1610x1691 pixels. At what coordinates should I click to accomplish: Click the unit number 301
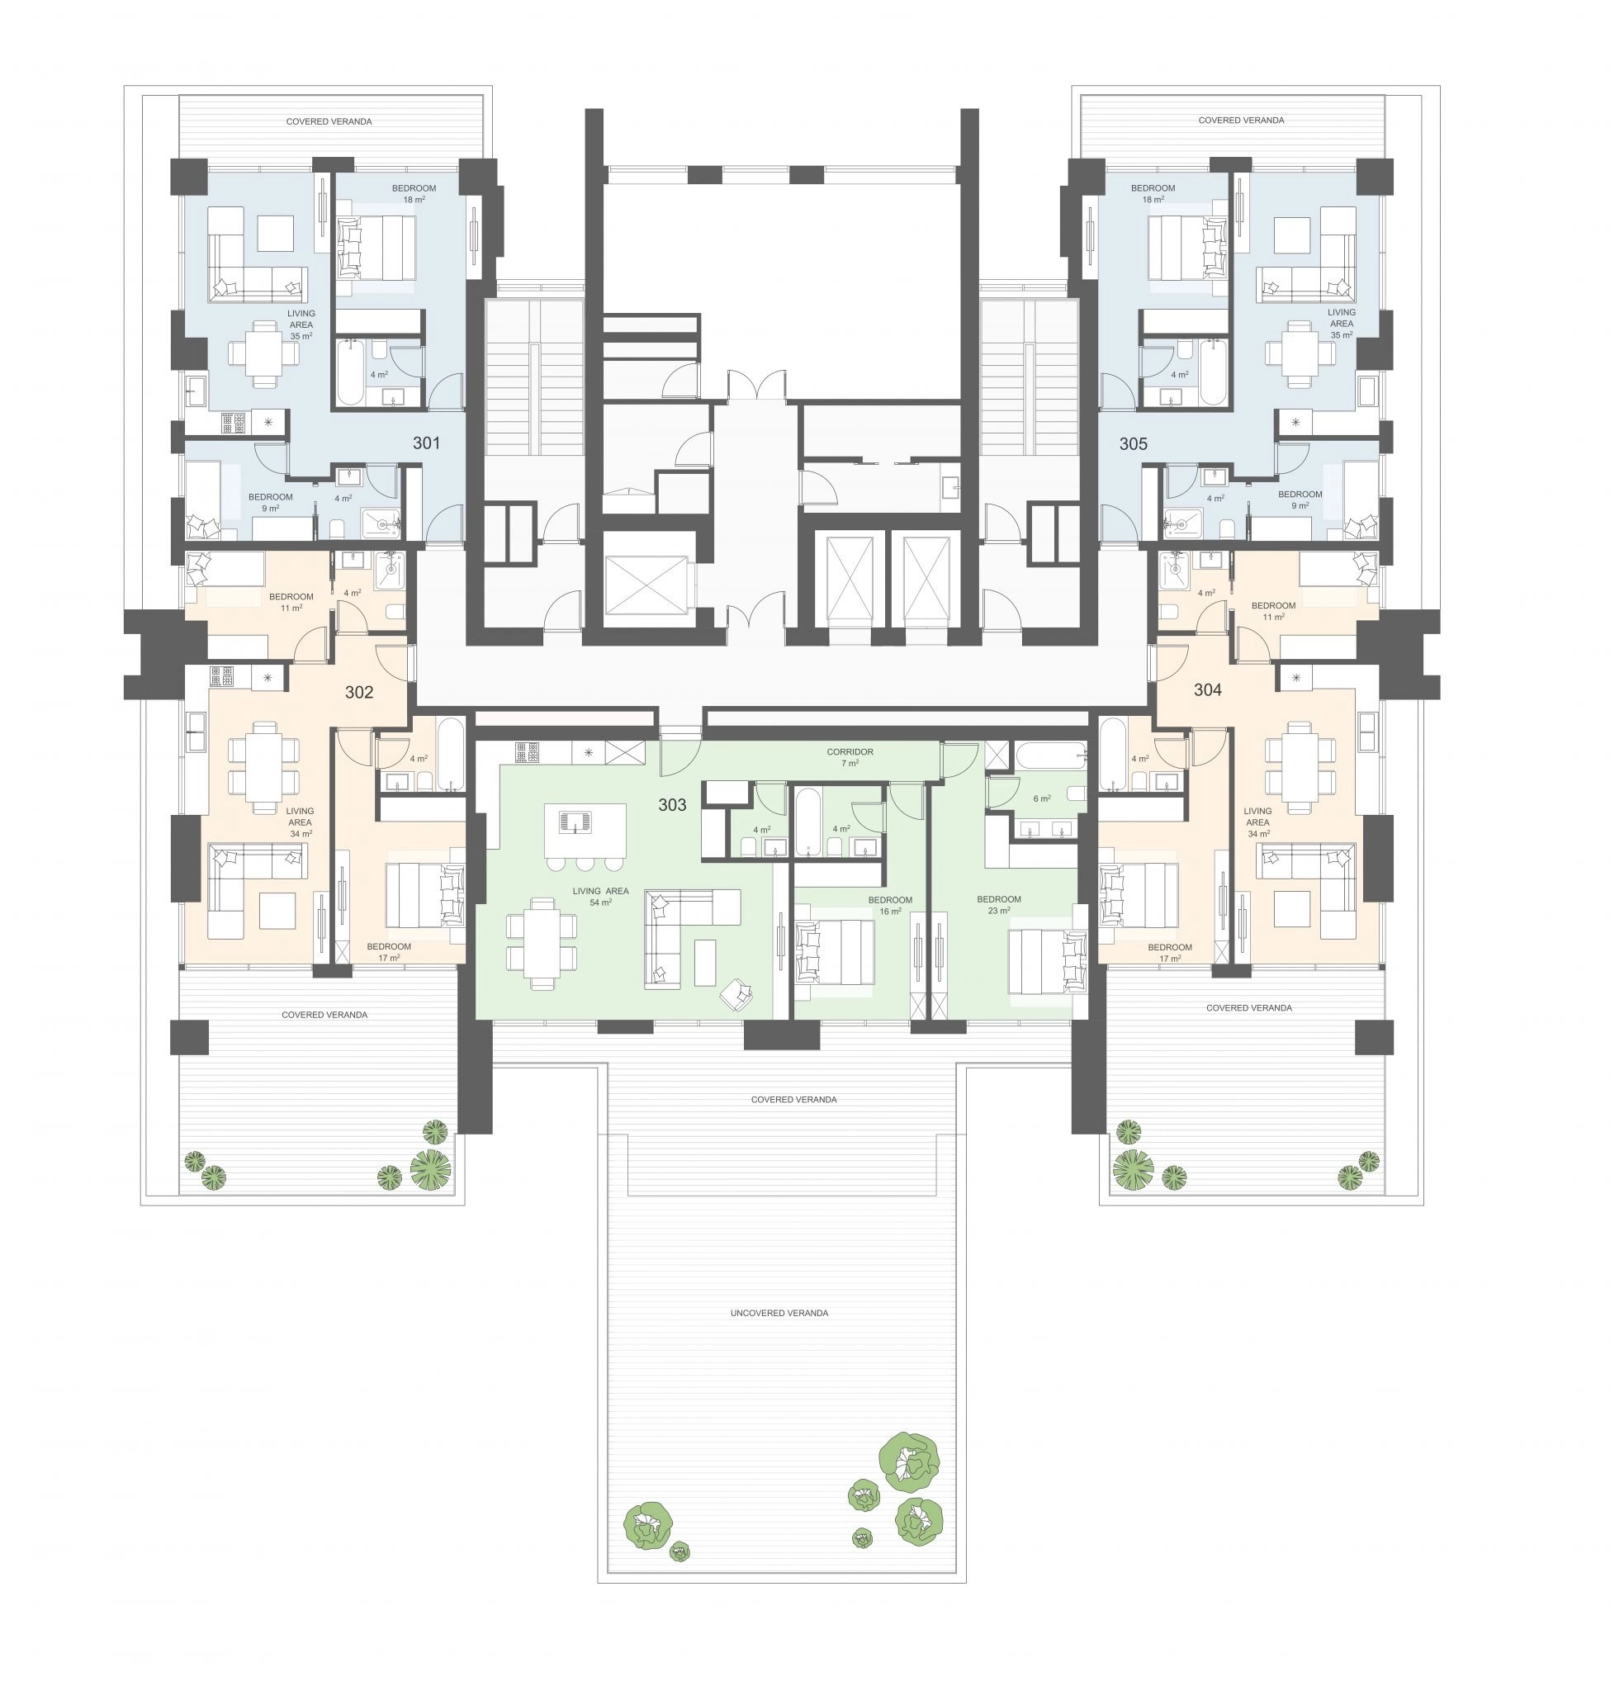point(427,443)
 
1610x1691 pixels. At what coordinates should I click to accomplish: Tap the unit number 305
point(1133,443)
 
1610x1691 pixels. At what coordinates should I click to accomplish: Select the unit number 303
point(672,804)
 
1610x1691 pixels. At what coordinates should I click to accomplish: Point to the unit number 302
point(358,692)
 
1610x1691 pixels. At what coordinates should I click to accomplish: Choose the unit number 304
point(1207,689)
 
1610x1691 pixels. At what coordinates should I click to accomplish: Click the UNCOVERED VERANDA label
point(779,1313)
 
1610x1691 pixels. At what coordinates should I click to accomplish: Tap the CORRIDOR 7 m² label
point(850,757)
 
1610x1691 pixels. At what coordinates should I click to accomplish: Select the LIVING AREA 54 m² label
point(601,896)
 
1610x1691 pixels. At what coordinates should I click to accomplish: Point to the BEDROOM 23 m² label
point(999,905)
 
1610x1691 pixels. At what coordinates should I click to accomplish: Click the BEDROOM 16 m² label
point(890,906)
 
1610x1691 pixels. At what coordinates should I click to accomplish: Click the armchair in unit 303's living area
point(736,994)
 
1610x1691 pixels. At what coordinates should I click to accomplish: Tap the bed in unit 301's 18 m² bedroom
point(376,247)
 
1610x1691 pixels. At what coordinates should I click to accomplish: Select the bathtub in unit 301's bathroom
point(350,371)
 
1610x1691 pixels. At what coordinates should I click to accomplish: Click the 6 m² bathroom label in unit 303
point(1042,798)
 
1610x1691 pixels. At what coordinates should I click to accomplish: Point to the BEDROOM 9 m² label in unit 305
point(1300,500)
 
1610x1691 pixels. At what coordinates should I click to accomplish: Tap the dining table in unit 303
point(542,944)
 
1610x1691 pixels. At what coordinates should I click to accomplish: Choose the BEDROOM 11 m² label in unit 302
point(291,602)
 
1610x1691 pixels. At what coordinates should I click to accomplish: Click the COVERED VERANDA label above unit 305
point(1241,121)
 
